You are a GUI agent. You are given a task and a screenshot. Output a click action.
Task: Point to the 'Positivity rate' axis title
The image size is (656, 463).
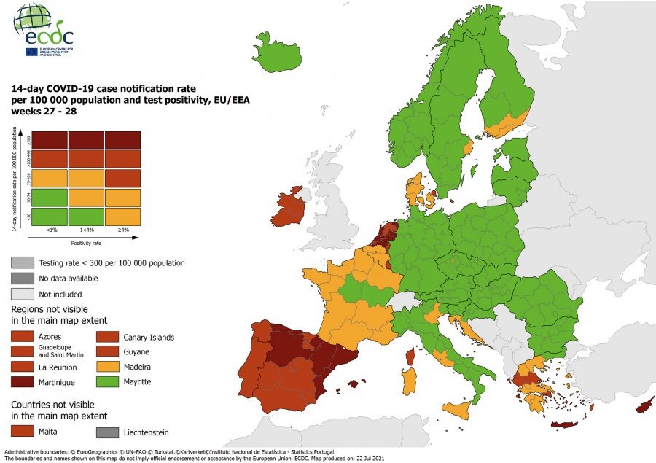pyautogui.click(x=86, y=243)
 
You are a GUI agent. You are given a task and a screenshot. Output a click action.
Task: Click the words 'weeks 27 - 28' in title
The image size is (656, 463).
pyautogui.click(x=44, y=112)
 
